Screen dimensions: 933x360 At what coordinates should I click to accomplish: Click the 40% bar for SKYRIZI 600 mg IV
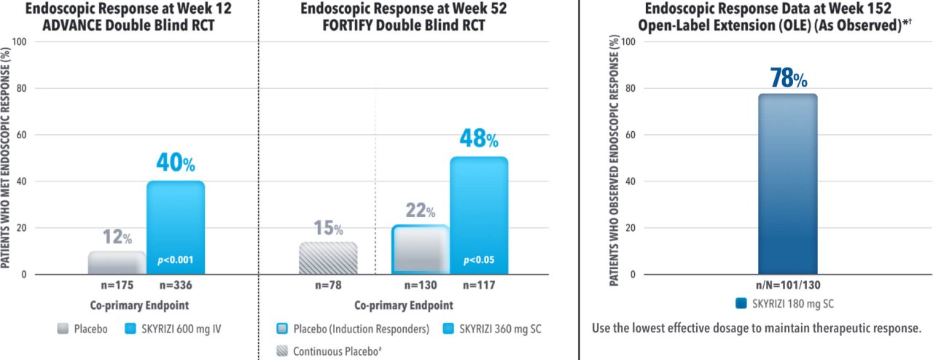[176, 227]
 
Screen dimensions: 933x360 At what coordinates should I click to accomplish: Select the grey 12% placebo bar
[117, 262]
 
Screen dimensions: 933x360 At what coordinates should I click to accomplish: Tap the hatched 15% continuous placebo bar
[328, 258]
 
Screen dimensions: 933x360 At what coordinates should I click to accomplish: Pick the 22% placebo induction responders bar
[421, 249]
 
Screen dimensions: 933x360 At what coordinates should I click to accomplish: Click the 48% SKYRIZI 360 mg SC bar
[479, 216]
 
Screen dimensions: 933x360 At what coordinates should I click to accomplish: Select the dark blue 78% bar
[788, 184]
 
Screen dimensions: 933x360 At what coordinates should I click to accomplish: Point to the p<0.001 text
[176, 260]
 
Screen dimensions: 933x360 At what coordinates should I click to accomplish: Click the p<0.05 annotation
[479, 260]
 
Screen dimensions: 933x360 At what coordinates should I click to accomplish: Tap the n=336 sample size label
[176, 285]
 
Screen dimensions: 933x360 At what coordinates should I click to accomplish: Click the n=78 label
[328, 285]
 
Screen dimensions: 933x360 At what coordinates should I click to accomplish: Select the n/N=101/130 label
[788, 285]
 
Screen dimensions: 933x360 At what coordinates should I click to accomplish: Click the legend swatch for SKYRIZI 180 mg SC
[741, 303]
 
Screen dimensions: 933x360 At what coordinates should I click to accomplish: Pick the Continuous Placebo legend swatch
[282, 351]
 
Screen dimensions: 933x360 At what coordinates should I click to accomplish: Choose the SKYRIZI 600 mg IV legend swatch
[130, 329]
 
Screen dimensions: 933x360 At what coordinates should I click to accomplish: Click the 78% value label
[789, 78]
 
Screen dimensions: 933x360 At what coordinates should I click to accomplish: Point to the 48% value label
[479, 138]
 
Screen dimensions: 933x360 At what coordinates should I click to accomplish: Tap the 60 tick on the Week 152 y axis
[631, 135]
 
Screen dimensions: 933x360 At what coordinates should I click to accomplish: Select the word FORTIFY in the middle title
[348, 25]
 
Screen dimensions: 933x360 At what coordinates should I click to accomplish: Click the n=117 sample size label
[479, 285]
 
